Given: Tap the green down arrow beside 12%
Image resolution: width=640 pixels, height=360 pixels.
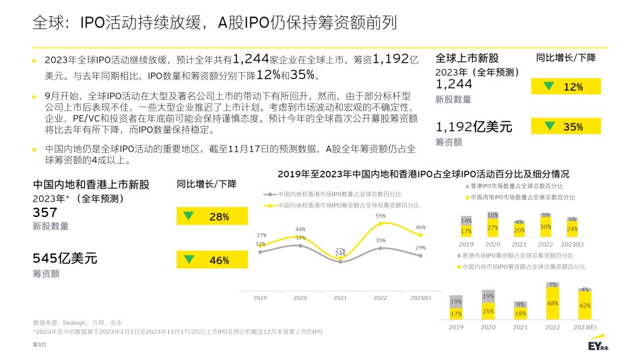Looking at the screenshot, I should coord(550,86).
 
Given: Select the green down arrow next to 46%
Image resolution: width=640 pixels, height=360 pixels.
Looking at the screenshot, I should coord(189,260).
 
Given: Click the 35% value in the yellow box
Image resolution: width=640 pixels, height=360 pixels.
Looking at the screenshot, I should coord(573,127).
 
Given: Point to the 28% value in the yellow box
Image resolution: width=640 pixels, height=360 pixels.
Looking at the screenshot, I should coord(219,217).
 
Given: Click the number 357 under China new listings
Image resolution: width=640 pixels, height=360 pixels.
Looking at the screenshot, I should coord(45,212).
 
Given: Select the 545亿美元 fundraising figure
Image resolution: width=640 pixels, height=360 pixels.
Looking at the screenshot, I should coord(65,258).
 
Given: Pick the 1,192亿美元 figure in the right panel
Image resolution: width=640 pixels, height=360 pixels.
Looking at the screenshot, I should coord(474,126).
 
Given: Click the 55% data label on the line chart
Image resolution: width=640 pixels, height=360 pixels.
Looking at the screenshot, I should coord(381,216).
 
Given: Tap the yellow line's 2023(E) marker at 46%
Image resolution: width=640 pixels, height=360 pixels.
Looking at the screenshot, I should coord(420,235).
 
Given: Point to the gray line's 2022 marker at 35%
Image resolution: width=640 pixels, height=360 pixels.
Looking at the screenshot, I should coord(381,248).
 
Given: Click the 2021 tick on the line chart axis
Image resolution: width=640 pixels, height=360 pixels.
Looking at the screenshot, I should coord(340,297).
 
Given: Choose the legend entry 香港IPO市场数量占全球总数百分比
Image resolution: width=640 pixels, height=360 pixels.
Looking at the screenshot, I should coord(516,185).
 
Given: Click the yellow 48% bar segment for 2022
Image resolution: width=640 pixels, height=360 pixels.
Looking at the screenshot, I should coord(552,303).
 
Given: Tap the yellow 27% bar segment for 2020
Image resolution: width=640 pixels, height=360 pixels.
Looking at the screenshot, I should coord(492,228).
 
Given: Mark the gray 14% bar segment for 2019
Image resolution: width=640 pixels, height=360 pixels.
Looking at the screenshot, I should coord(466,220).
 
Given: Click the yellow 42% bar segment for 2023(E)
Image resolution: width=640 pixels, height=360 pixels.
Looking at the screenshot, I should coord(584,305).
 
